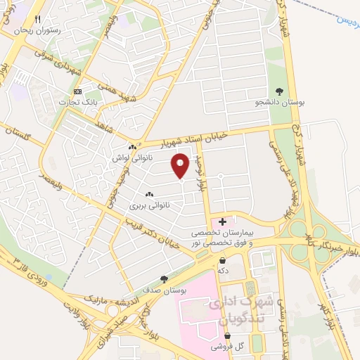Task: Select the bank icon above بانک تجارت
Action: pos(78,92)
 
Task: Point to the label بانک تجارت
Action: pos(80,103)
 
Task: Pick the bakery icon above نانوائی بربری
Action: pos(148,194)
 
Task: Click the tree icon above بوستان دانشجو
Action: pos(280,91)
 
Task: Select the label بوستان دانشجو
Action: pos(280,103)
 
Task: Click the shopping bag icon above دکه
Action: pos(223,260)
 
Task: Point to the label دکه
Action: pos(223,270)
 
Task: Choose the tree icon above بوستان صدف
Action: pos(165,278)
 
